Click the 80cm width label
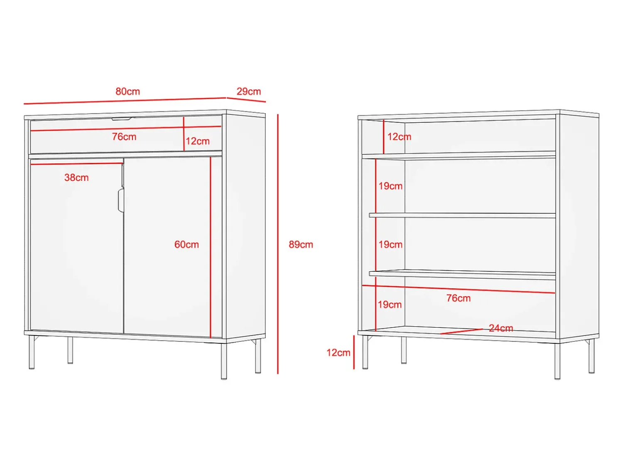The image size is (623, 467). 128,92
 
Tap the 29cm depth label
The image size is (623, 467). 249,92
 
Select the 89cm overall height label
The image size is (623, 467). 301,244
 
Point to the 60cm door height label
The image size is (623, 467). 186,244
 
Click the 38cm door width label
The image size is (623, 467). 76,178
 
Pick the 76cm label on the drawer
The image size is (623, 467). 124,136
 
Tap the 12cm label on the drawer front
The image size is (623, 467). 198,141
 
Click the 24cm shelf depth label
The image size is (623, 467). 501,328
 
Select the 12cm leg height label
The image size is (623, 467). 338,353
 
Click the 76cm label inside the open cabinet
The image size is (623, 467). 459,298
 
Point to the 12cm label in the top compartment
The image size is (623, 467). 400,136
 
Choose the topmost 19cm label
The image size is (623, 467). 390,186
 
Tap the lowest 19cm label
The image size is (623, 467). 390,304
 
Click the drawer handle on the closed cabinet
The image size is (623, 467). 122,119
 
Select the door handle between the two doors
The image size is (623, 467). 121,200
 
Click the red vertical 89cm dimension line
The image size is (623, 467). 278,244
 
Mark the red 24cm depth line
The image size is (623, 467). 461,331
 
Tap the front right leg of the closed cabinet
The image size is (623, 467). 224,361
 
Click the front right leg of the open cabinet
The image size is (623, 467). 557,361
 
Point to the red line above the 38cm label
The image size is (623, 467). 77,164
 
